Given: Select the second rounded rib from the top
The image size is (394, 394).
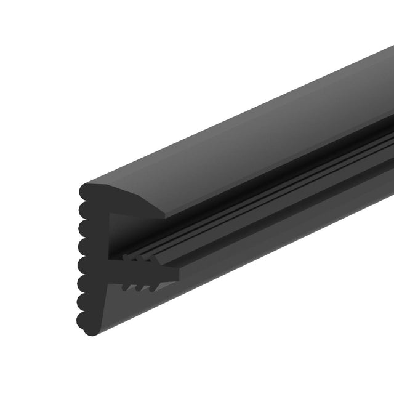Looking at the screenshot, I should (x=84, y=209).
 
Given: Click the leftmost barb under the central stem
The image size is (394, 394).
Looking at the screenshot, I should (x=127, y=286).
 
